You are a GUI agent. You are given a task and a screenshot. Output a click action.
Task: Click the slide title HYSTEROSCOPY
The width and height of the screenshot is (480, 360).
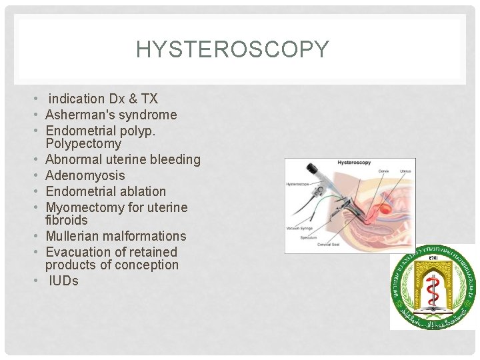(233, 49)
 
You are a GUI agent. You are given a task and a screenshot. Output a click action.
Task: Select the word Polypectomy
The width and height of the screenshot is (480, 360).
(83, 143)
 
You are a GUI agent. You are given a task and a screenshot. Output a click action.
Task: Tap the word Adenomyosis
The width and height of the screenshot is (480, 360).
(85, 175)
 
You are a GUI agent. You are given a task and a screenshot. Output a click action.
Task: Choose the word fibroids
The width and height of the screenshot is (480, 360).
(66, 220)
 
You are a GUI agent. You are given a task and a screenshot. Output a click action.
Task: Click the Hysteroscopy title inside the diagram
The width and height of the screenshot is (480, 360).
(354, 163)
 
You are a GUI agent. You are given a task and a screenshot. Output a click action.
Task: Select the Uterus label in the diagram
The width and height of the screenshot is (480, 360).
(404, 171)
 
